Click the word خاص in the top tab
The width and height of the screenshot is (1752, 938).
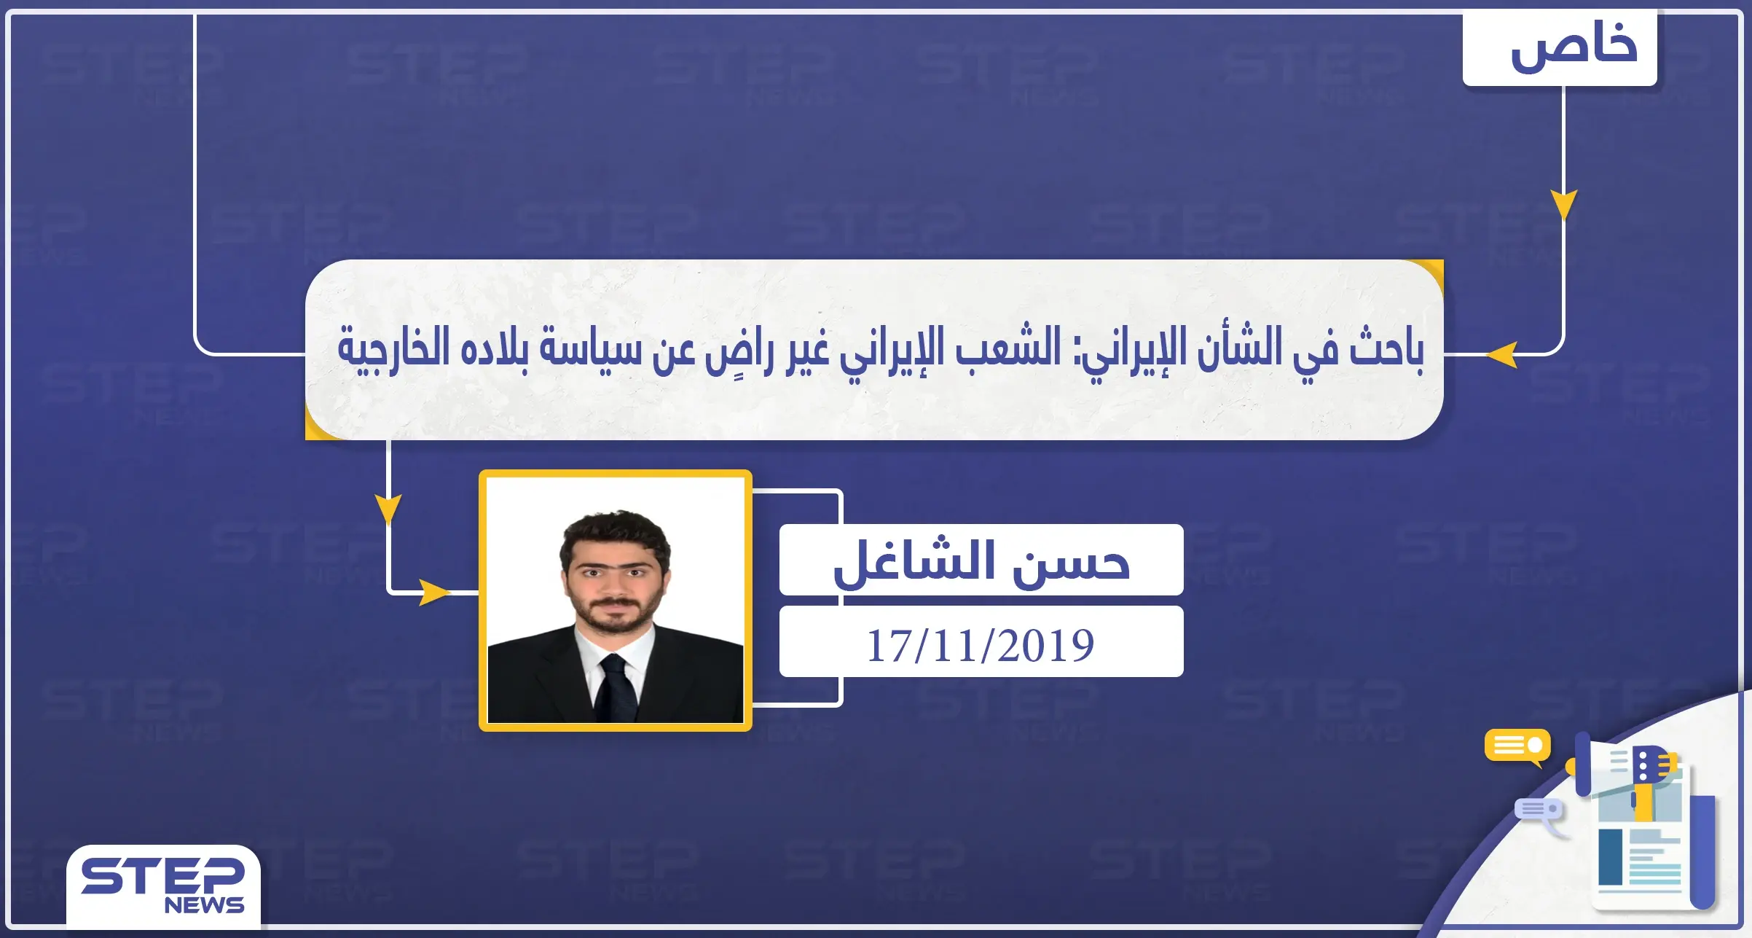[1574, 47]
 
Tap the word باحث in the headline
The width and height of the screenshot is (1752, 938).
[1386, 348]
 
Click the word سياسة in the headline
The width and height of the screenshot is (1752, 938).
[590, 348]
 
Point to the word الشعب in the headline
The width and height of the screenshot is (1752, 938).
[1008, 348]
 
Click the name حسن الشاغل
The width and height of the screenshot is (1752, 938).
[981, 561]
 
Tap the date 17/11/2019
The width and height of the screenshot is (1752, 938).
[981, 644]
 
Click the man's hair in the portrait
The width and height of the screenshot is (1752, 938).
[614, 528]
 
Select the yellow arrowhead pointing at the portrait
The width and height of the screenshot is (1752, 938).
[434, 592]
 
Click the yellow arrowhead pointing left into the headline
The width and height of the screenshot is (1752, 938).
[1502, 355]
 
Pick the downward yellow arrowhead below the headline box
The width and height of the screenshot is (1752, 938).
[388, 507]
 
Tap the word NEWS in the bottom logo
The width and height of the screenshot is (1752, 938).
[204, 905]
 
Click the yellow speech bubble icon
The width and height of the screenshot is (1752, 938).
[1517, 746]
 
